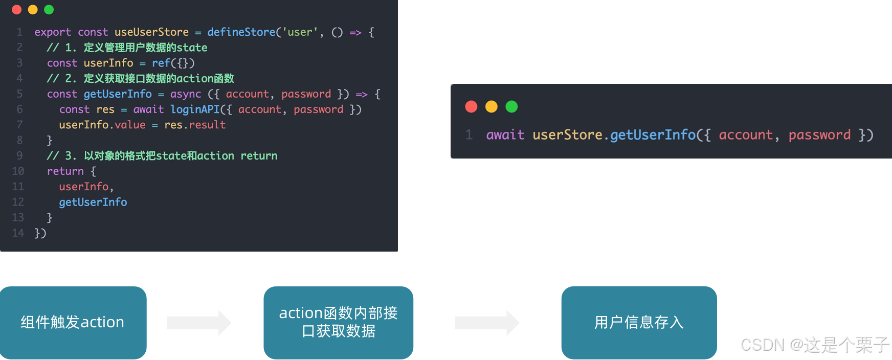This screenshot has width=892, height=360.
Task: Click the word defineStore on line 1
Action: click(x=241, y=32)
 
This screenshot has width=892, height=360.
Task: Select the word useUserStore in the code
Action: click(x=151, y=32)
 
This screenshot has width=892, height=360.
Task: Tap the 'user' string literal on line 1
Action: click(x=300, y=32)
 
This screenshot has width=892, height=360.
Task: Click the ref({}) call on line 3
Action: click(x=173, y=63)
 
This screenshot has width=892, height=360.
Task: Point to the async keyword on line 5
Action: click(x=186, y=94)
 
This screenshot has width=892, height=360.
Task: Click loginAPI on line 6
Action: click(x=195, y=109)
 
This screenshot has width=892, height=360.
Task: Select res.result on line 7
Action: click(x=195, y=125)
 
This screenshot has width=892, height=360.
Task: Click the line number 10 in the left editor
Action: click(x=18, y=171)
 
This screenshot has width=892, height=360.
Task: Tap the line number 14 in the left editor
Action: click(x=18, y=233)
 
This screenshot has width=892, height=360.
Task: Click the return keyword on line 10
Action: click(x=65, y=171)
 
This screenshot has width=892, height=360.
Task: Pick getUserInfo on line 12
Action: click(x=93, y=202)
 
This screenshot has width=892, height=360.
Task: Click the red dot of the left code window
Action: click(x=16, y=10)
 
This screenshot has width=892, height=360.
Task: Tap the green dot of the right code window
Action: click(x=511, y=106)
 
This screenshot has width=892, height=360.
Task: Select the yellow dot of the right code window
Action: click(x=491, y=106)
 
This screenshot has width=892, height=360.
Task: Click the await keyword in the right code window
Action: click(x=505, y=135)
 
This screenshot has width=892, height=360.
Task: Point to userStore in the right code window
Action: click(x=567, y=135)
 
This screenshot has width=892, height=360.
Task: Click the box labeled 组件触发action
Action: click(x=73, y=323)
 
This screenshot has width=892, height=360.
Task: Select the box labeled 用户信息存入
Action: click(x=639, y=323)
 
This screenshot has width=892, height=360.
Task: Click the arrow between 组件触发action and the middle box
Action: click(x=199, y=323)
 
